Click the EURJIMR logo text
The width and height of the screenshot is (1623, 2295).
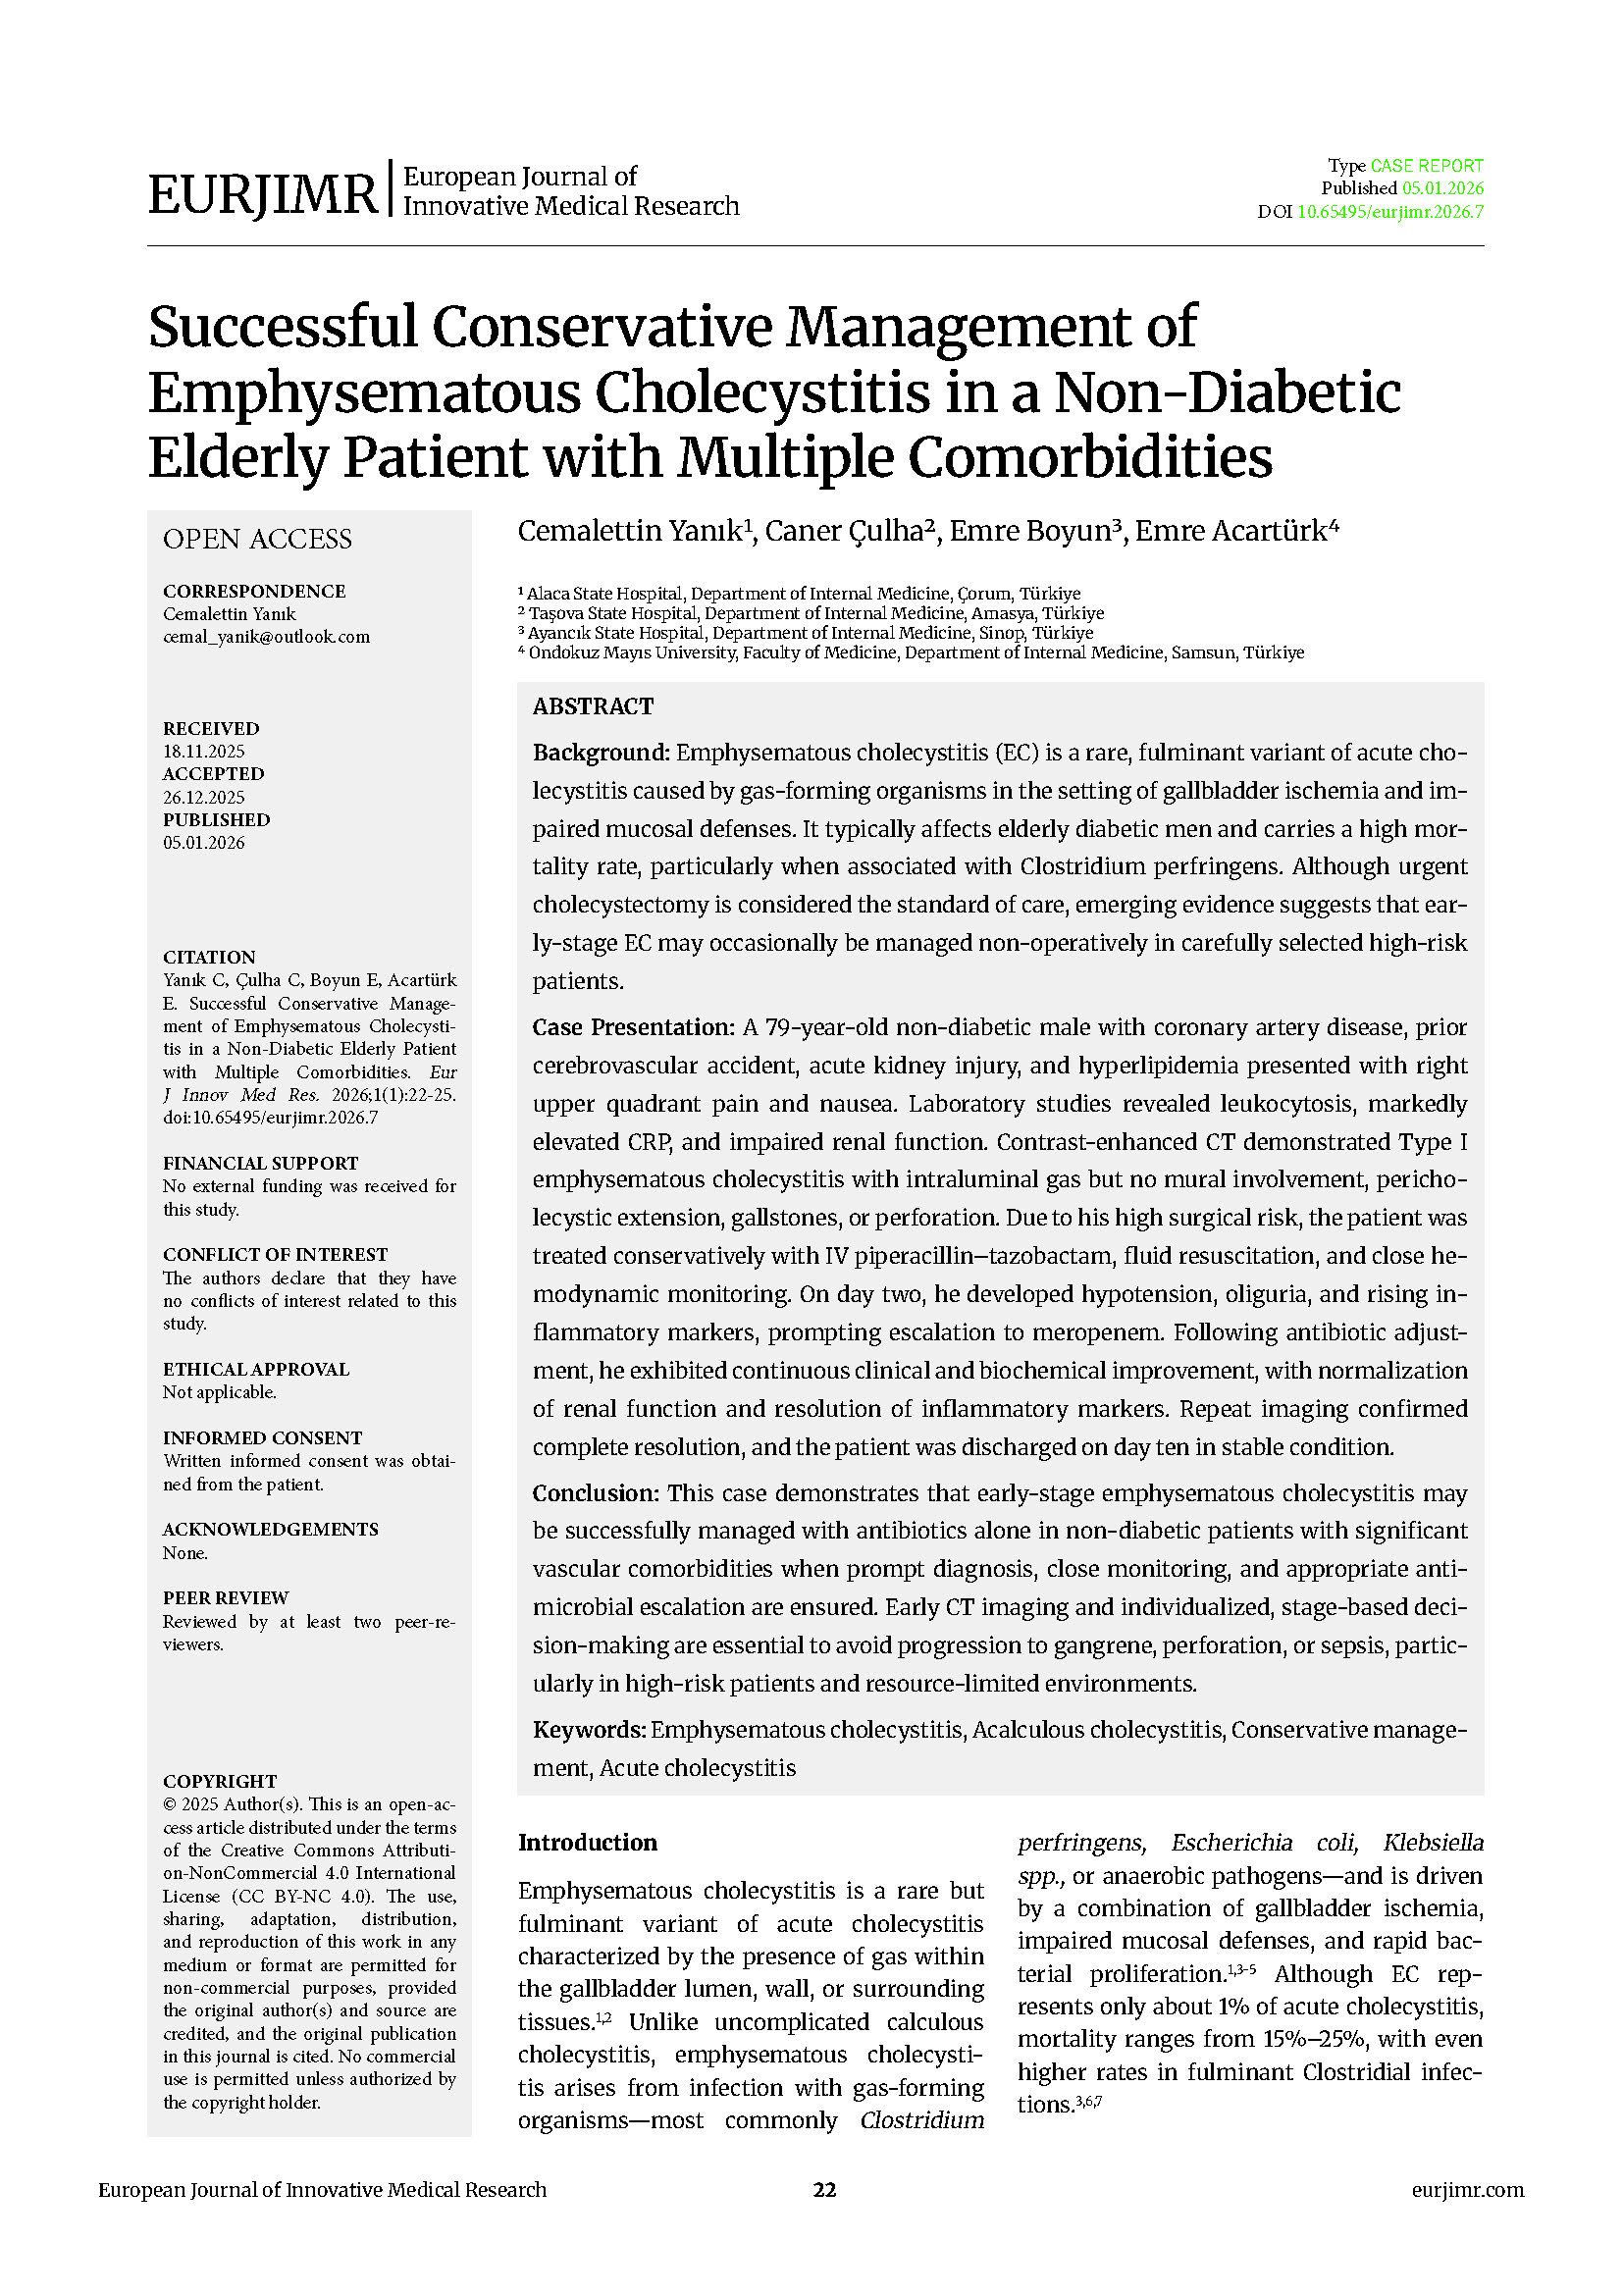coord(262,193)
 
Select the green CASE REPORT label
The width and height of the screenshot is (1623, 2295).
coord(1426,166)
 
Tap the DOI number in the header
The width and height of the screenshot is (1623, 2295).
coord(1389,212)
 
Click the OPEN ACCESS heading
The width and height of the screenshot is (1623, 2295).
coord(257,540)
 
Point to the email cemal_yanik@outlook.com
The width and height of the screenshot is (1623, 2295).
coord(266,637)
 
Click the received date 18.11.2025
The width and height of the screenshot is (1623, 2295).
coord(204,752)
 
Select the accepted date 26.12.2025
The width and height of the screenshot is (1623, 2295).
coord(204,798)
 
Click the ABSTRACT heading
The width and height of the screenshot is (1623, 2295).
coord(593,706)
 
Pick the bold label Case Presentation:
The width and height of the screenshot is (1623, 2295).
coord(633,1027)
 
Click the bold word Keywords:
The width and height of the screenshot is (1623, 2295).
coord(589,1730)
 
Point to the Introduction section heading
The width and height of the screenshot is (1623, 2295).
coord(587,1844)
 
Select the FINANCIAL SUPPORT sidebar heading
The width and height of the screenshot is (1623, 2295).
coord(260,1164)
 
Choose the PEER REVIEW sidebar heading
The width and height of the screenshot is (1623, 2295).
coord(225,1598)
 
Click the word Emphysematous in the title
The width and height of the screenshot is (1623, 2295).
coord(364,392)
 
